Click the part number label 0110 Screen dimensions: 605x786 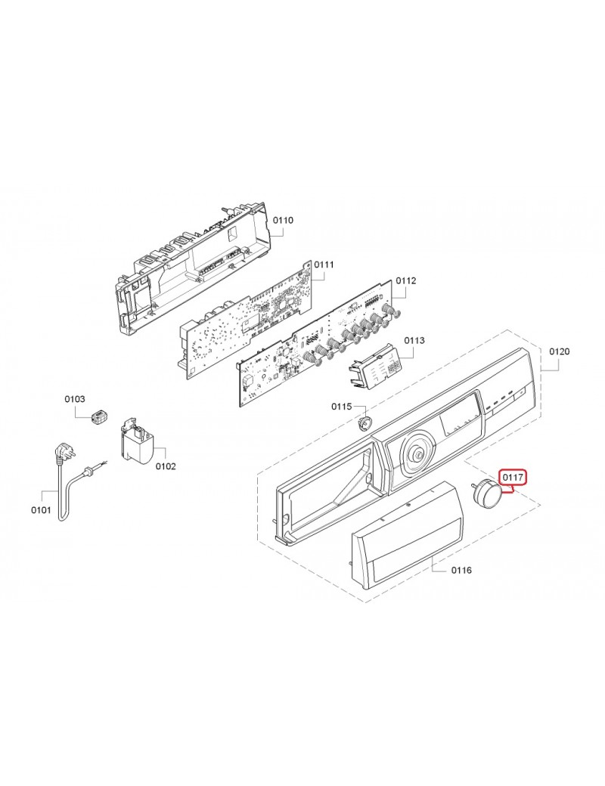283,220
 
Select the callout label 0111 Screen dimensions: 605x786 324,265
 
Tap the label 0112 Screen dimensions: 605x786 406,280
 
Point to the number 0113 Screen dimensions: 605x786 414,340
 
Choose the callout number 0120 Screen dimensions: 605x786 560,351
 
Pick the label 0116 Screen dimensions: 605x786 461,570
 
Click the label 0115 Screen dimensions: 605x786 342,407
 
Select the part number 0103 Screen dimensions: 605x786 75,399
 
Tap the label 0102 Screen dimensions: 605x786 166,466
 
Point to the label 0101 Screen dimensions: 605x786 41,510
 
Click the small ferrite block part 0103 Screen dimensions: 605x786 99,416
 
